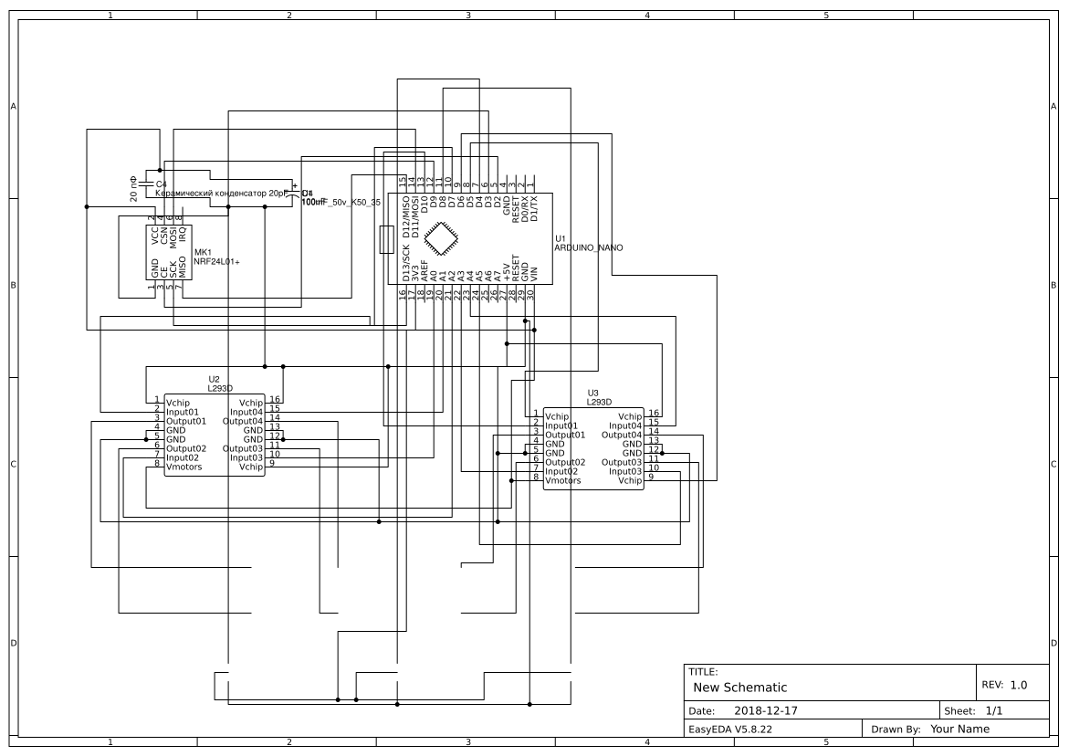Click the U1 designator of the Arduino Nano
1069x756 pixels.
[x=561, y=238]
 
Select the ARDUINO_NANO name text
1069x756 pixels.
[x=588, y=247]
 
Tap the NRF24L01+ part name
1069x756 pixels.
[x=216, y=261]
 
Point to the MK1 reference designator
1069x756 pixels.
[x=203, y=252]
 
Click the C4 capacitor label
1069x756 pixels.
[x=162, y=184]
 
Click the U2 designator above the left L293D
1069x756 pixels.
[x=214, y=378]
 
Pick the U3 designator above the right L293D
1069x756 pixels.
[x=593, y=393]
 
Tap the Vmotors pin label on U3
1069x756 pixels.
[x=563, y=480]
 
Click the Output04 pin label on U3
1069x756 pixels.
[x=622, y=435]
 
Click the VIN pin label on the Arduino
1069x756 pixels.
[x=535, y=272]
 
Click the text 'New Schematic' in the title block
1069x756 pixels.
[x=739, y=688]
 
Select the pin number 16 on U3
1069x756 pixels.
[x=654, y=414]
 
